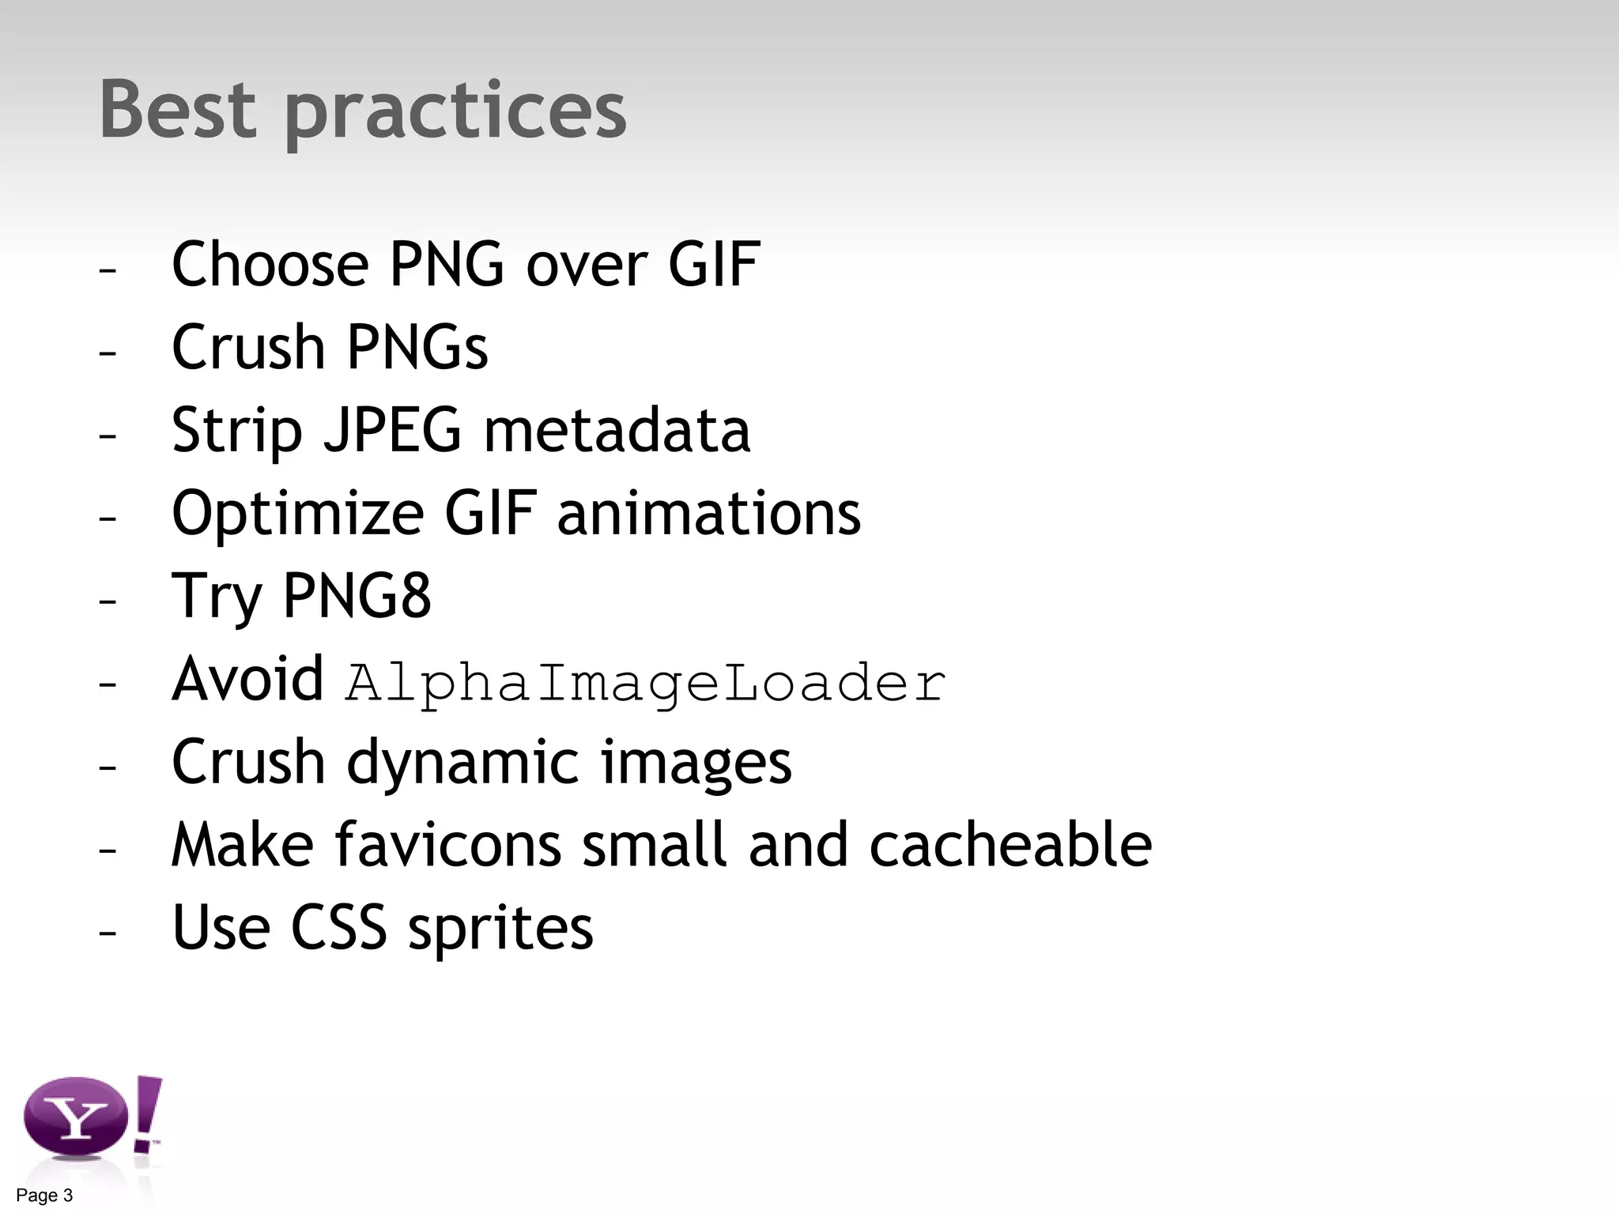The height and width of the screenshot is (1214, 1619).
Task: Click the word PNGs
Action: click(x=417, y=348)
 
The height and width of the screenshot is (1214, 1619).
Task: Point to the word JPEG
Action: click(x=391, y=431)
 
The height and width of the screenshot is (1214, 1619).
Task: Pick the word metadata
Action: click(x=617, y=431)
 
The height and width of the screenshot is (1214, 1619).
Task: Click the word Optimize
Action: click(x=297, y=515)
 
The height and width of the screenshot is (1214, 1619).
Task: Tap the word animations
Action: click(x=708, y=514)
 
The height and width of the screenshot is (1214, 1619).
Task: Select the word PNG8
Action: click(x=357, y=596)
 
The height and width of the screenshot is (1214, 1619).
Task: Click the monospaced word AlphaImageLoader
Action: click(x=645, y=683)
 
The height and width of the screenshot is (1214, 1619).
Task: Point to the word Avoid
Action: click(x=247, y=679)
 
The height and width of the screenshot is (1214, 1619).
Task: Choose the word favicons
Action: click(x=447, y=845)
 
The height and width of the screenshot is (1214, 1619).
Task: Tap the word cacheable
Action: click(x=1010, y=845)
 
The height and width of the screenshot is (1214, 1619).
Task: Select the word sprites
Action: click(x=500, y=929)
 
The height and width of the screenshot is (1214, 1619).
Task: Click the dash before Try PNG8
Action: click(x=108, y=600)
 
